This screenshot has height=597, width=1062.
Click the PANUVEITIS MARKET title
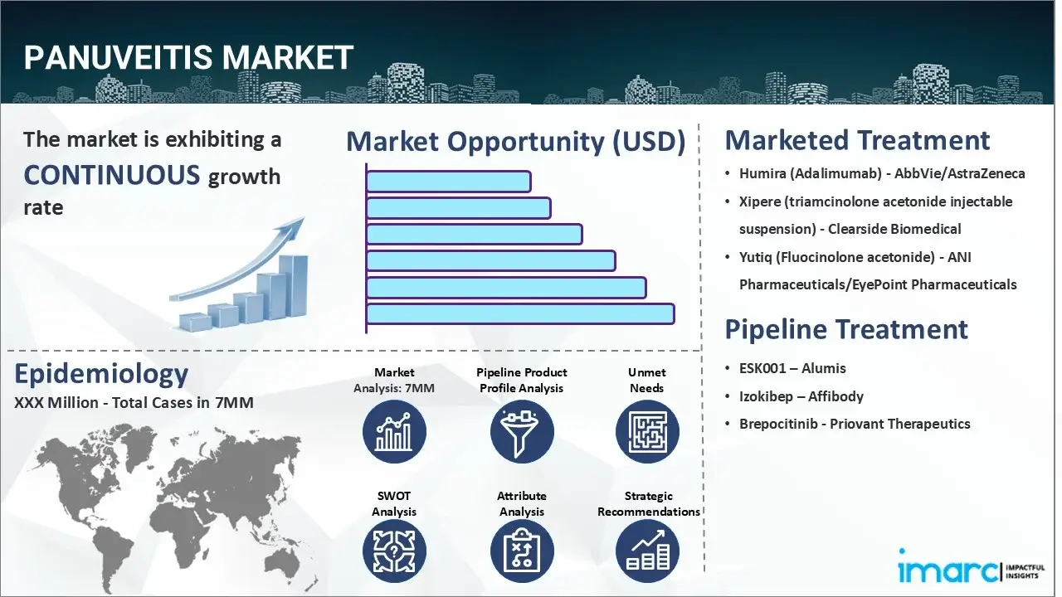click(189, 58)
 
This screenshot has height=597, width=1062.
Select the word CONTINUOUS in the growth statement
click(112, 175)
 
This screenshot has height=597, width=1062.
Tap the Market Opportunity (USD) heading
click(515, 142)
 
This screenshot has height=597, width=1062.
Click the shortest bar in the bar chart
click(448, 182)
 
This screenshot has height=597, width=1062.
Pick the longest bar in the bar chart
click(520, 313)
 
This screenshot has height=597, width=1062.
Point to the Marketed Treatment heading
click(857, 140)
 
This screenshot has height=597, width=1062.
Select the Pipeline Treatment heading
click(846, 329)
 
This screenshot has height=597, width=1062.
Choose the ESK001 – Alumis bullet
click(792, 368)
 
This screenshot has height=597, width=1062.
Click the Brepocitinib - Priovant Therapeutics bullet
click(855, 424)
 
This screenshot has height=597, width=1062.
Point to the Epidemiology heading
click(101, 374)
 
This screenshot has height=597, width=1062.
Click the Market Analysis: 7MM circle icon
click(394, 432)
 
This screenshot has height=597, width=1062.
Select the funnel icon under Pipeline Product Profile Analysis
click(521, 432)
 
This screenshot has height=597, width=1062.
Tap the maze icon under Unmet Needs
click(647, 432)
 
